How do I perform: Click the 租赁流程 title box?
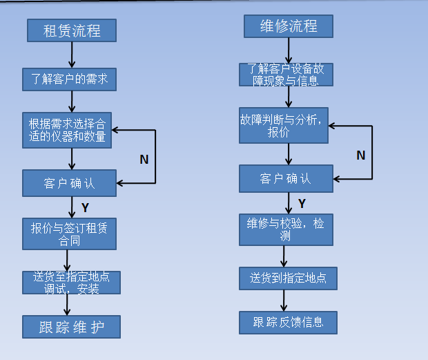coord(72,30)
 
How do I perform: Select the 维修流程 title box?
coord(289,26)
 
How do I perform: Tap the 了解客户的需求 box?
coord(69,79)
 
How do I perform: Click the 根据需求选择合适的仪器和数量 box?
coord(67,130)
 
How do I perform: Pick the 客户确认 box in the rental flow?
coord(69,183)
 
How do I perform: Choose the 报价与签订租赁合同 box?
coord(69,234)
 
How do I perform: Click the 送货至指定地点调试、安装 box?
coord(71,283)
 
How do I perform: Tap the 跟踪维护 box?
coord(71,327)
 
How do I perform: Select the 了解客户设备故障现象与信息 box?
coord(286,75)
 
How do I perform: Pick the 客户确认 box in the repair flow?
coord(286,178)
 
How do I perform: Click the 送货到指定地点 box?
coord(288,279)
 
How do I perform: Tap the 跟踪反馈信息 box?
coord(288,322)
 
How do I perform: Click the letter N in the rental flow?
coord(144,160)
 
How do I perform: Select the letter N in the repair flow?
coord(360,155)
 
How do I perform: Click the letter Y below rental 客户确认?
coord(85,207)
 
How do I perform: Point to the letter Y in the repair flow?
coord(302,203)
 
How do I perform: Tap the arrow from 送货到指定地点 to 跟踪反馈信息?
coord(284,301)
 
